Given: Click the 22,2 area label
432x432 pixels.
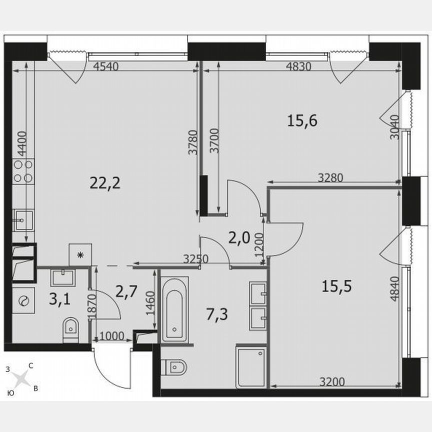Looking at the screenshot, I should [105, 183].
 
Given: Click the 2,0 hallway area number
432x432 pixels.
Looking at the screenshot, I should [238, 238].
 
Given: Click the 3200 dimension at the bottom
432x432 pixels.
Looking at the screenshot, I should [332, 382].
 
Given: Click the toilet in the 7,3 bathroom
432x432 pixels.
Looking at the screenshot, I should [176, 368].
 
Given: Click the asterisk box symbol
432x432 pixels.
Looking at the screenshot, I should [80, 254].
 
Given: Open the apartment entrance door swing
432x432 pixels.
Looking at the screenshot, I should [111, 367].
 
